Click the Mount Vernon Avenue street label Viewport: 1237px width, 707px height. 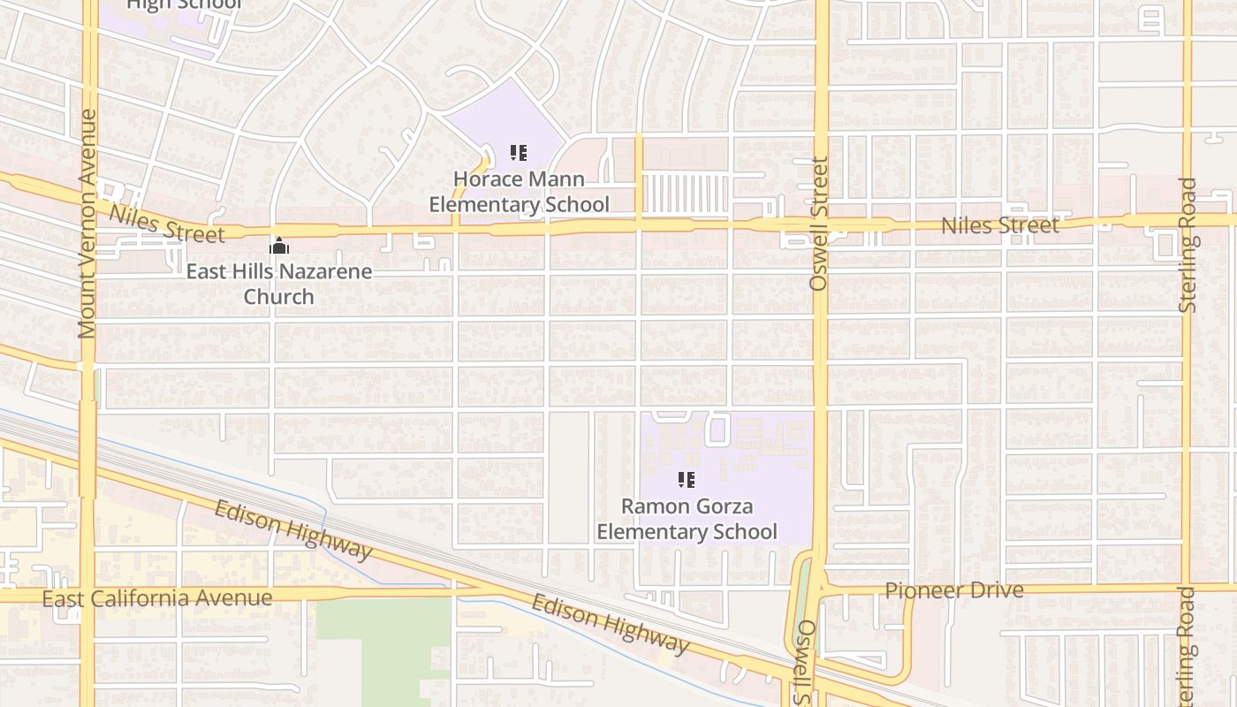click(x=87, y=223)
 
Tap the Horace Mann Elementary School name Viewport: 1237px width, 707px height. click(x=519, y=192)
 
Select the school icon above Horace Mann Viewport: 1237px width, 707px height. click(x=519, y=153)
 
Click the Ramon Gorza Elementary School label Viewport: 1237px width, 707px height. click(x=687, y=519)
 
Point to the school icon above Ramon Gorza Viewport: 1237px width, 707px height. click(x=687, y=480)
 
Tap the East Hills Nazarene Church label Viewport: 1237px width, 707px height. click(x=278, y=284)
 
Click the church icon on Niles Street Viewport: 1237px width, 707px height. click(x=279, y=246)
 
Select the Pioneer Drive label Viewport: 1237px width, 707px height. click(x=954, y=590)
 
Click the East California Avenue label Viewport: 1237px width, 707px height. click(x=157, y=598)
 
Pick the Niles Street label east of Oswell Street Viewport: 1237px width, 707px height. click(x=999, y=225)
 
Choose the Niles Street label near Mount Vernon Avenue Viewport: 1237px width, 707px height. click(x=166, y=224)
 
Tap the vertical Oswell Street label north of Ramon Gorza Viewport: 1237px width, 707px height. click(x=820, y=224)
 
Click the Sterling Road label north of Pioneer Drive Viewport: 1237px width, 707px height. click(x=1188, y=245)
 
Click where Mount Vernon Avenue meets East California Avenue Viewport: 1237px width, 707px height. click(x=87, y=595)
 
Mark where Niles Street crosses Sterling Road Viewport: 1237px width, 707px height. click(x=1187, y=218)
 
